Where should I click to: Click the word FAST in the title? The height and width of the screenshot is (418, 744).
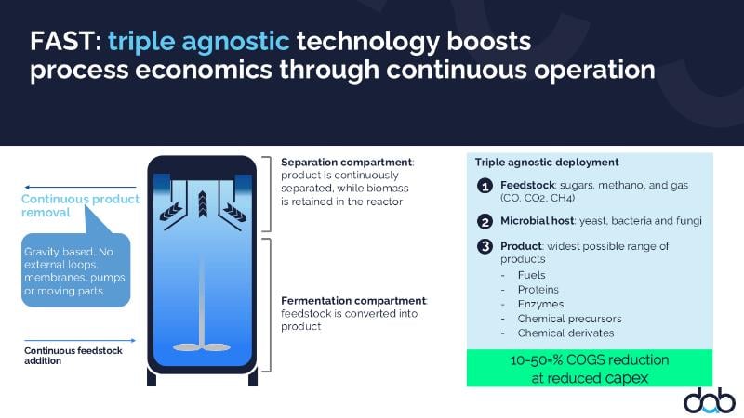(62, 41)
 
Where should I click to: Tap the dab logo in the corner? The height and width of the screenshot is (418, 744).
(709, 400)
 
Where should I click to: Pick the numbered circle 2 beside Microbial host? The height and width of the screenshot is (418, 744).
(485, 221)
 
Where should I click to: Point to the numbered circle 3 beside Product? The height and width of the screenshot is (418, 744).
(485, 246)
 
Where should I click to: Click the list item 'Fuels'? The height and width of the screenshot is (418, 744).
(531, 275)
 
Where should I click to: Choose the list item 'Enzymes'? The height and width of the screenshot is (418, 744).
(540, 304)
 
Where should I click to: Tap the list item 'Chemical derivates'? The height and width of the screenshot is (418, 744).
(565, 333)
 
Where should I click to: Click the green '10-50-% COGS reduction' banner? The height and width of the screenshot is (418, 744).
(590, 368)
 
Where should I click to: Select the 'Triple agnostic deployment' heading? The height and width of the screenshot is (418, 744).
(547, 163)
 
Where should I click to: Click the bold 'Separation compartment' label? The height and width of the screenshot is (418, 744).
(346, 162)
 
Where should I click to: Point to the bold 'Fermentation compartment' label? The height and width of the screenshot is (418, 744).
(353, 300)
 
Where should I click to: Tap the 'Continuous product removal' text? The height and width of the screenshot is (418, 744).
(80, 205)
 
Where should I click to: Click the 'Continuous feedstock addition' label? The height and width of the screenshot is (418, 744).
(73, 356)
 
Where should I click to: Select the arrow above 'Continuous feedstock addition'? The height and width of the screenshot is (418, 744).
(80, 340)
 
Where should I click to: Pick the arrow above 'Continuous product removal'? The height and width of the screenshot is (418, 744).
(80, 188)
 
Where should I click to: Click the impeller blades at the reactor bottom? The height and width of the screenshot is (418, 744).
(202, 347)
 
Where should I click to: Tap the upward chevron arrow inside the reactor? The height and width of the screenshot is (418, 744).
(203, 203)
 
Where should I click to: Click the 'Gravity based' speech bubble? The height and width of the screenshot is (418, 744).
(76, 269)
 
